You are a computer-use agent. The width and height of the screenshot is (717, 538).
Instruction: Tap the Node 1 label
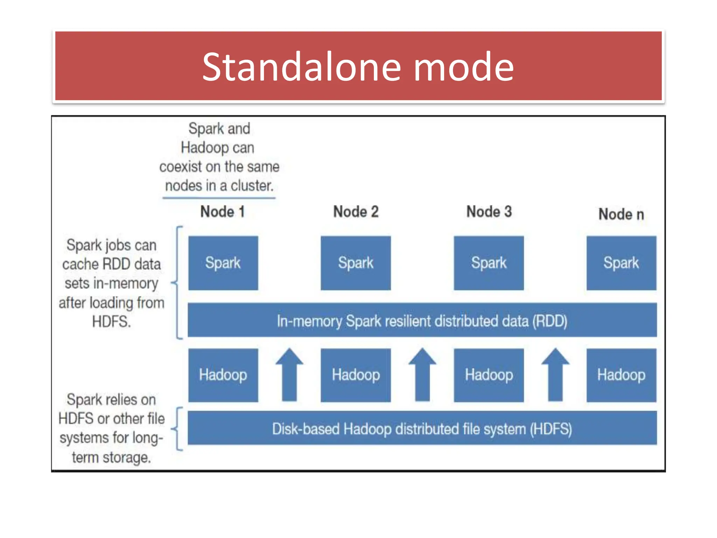(222, 212)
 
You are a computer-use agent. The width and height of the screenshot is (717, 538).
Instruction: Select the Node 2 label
(356, 212)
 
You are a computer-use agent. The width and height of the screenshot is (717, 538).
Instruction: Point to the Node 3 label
(489, 212)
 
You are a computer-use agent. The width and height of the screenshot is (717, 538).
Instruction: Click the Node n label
(621, 214)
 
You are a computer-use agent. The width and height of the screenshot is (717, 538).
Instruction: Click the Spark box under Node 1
(223, 263)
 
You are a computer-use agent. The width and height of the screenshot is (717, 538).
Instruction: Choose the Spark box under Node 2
(356, 263)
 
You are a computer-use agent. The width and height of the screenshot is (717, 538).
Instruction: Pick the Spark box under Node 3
(489, 263)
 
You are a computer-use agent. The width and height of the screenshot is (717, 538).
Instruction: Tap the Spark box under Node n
(621, 263)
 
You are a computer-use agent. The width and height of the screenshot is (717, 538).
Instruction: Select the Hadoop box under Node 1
(223, 375)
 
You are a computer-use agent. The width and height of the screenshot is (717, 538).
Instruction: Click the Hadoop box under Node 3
(489, 375)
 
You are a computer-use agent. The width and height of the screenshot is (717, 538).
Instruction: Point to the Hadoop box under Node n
(621, 375)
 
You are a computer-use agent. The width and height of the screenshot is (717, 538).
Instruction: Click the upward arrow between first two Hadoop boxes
(289, 375)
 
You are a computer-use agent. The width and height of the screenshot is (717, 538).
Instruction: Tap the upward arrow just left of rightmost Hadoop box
(555, 375)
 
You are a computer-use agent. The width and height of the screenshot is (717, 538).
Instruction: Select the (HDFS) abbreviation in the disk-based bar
(551, 429)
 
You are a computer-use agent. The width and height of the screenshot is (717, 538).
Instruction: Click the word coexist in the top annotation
(181, 167)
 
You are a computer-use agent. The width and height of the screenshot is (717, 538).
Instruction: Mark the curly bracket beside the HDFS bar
(178, 428)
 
